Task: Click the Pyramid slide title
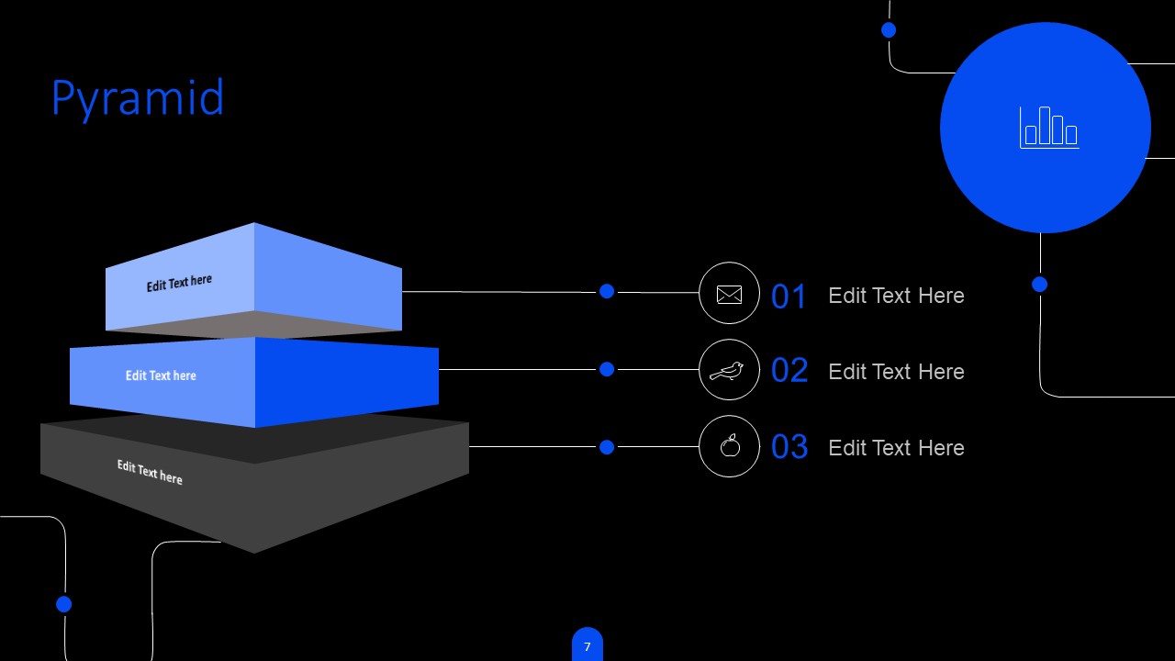click(138, 98)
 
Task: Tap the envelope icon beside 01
click(729, 295)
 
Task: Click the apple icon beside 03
click(730, 446)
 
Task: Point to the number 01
click(789, 297)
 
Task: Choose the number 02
click(789, 370)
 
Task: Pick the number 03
click(789, 446)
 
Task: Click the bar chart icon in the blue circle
click(1049, 128)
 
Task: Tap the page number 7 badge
click(587, 645)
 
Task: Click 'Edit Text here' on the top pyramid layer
click(179, 284)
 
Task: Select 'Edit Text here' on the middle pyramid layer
click(161, 375)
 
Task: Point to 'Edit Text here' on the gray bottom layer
click(150, 472)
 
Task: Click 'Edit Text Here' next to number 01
click(897, 296)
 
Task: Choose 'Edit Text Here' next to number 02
click(897, 372)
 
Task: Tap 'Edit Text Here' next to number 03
click(897, 448)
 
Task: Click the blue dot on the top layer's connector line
click(607, 291)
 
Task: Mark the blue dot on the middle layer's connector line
click(607, 369)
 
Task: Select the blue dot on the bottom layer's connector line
click(607, 447)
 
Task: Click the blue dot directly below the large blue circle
click(1040, 285)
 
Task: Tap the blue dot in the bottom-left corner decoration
click(64, 604)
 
